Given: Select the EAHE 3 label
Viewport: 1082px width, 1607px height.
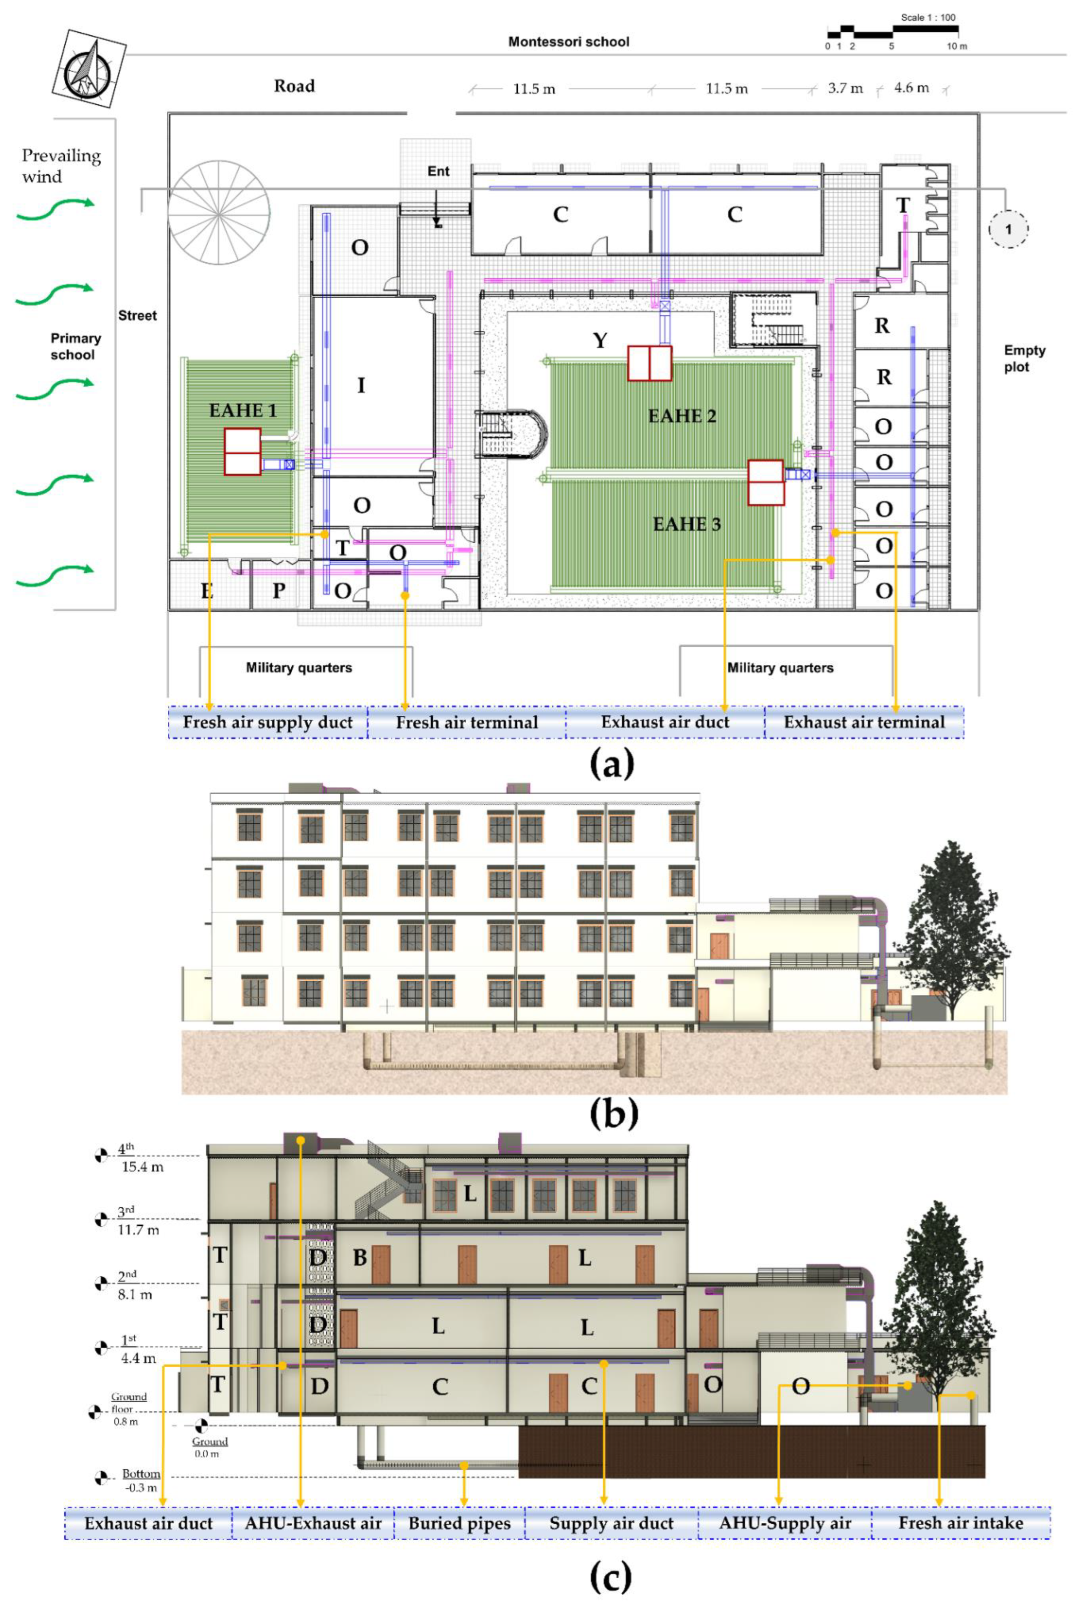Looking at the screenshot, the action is (x=687, y=524).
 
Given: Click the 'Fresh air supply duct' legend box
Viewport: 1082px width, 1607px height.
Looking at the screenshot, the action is (x=268, y=722).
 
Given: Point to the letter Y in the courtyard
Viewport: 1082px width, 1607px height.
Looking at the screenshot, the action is (x=600, y=340).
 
